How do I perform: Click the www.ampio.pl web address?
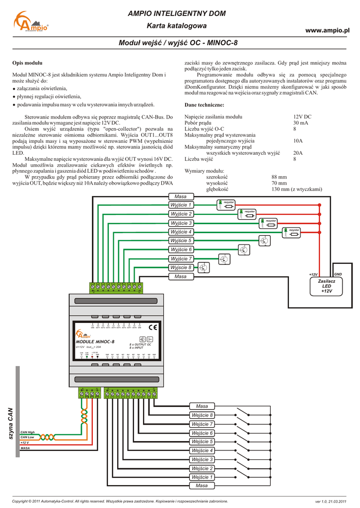coord(328,31)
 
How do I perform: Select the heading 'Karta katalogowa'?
coord(177,25)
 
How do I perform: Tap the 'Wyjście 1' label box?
coord(181,205)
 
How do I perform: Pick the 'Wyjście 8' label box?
coord(181,268)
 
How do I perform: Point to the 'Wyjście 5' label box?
coord(181,241)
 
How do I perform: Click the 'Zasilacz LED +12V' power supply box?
coord(326,286)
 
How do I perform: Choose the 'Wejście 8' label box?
coord(202,415)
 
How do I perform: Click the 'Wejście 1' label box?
coord(202,477)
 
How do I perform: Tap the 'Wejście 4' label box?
coord(202,450)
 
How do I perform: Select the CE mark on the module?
coord(152,327)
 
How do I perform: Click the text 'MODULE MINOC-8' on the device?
coord(95,342)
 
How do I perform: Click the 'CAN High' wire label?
coord(28,433)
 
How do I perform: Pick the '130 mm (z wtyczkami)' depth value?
coord(296,189)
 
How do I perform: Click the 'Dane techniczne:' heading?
coord(204,105)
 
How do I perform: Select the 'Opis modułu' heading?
coord(27,63)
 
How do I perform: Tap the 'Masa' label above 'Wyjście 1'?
coord(181,196)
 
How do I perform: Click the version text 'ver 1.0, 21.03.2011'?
coord(330,501)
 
